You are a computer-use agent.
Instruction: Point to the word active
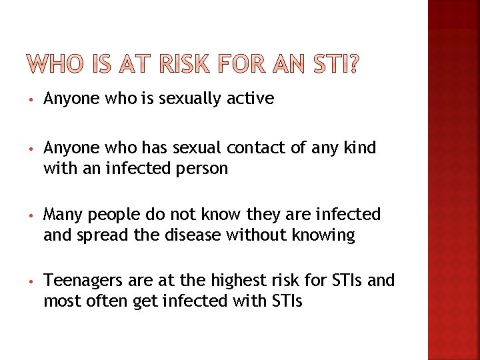(249, 99)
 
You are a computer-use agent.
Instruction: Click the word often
(103, 301)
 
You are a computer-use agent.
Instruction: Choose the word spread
(98, 236)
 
